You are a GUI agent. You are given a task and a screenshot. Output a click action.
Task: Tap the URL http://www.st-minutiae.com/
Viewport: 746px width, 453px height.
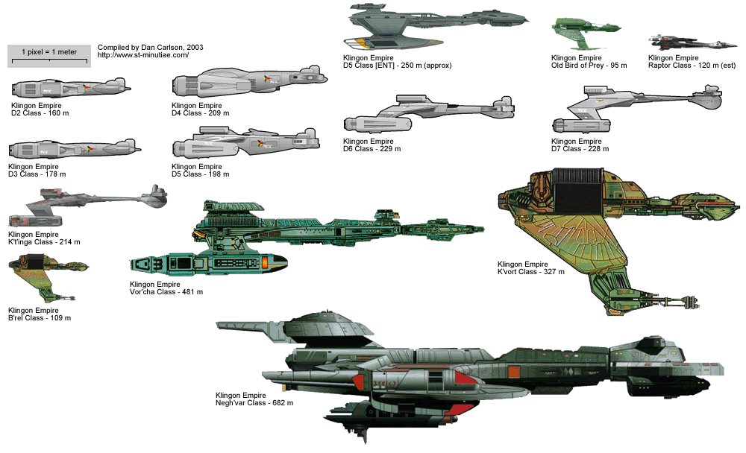point(143,55)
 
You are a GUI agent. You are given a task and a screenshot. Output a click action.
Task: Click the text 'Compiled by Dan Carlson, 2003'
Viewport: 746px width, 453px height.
point(150,47)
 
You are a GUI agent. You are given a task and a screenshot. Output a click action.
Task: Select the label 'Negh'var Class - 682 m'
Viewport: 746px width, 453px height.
point(254,403)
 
